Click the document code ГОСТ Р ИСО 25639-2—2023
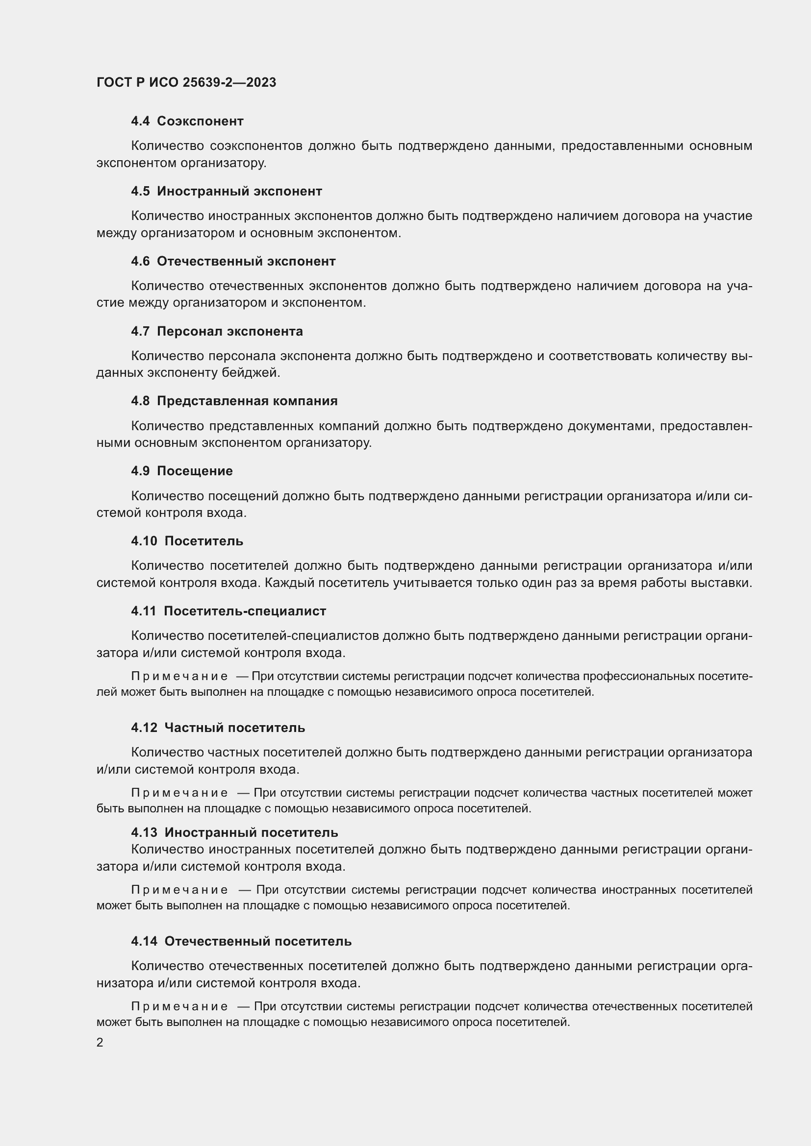point(186,82)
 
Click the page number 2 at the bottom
point(100,1042)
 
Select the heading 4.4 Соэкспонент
point(187,121)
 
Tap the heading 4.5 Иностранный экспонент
point(226,191)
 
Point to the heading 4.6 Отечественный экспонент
point(233,261)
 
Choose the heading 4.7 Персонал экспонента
point(217,331)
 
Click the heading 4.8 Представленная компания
point(234,401)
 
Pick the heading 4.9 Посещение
point(182,471)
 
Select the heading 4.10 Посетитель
point(187,541)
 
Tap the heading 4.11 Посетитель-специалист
point(228,611)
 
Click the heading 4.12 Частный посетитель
point(218,728)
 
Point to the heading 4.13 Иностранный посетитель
point(234,832)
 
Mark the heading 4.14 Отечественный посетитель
point(241,941)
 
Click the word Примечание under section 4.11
point(179,676)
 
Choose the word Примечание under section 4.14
point(179,1006)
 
